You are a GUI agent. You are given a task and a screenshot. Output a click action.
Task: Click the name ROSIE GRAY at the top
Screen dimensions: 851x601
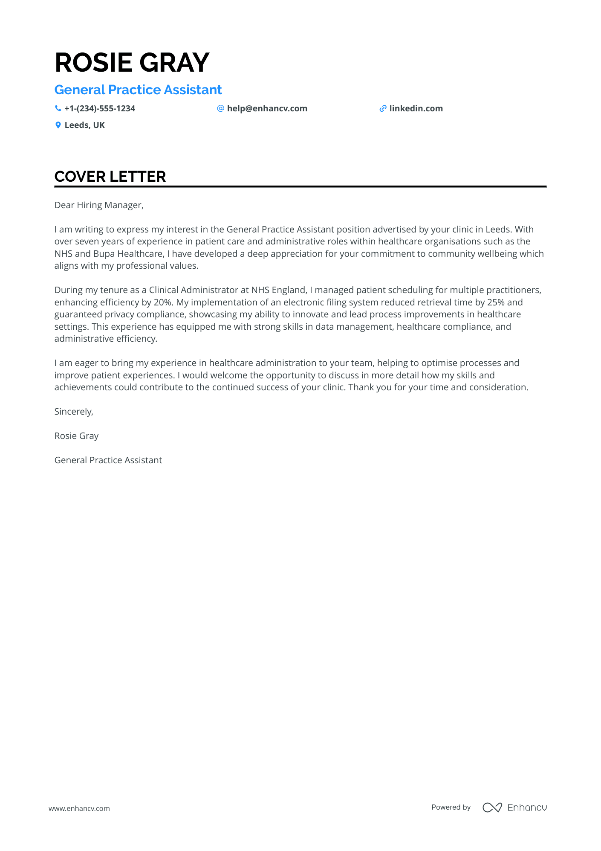(132, 62)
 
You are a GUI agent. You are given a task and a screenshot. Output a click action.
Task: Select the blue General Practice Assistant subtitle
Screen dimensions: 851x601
(138, 90)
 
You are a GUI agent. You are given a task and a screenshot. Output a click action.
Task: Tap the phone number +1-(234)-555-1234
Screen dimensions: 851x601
(100, 109)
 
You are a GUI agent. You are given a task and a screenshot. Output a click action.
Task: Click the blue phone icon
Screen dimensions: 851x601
(58, 109)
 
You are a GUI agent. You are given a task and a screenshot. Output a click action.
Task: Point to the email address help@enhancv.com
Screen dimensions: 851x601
(267, 109)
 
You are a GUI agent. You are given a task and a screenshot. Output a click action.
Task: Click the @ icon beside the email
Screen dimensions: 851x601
(220, 109)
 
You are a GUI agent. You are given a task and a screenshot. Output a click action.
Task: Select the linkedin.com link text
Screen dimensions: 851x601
(416, 109)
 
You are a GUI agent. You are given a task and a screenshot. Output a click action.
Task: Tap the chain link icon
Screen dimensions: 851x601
(383, 109)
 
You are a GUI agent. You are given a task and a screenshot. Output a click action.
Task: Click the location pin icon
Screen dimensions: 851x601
(58, 125)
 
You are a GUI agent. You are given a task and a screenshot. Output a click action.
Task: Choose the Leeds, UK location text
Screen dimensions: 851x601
(84, 125)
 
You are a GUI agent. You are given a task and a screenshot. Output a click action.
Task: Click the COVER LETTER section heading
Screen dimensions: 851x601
(110, 177)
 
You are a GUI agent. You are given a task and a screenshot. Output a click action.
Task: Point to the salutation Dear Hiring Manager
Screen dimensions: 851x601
(99, 205)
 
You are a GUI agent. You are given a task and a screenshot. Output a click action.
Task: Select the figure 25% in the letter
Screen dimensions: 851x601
(495, 302)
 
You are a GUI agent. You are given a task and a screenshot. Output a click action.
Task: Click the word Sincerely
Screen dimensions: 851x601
(74, 412)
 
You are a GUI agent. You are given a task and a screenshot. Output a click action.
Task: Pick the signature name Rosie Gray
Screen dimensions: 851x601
(76, 436)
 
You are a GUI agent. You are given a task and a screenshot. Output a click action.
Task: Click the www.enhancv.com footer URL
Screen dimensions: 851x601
(79, 808)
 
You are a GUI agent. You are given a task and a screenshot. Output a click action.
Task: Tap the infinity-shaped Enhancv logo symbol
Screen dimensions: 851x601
(492, 807)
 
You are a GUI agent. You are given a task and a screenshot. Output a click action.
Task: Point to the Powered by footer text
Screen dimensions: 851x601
(451, 807)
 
